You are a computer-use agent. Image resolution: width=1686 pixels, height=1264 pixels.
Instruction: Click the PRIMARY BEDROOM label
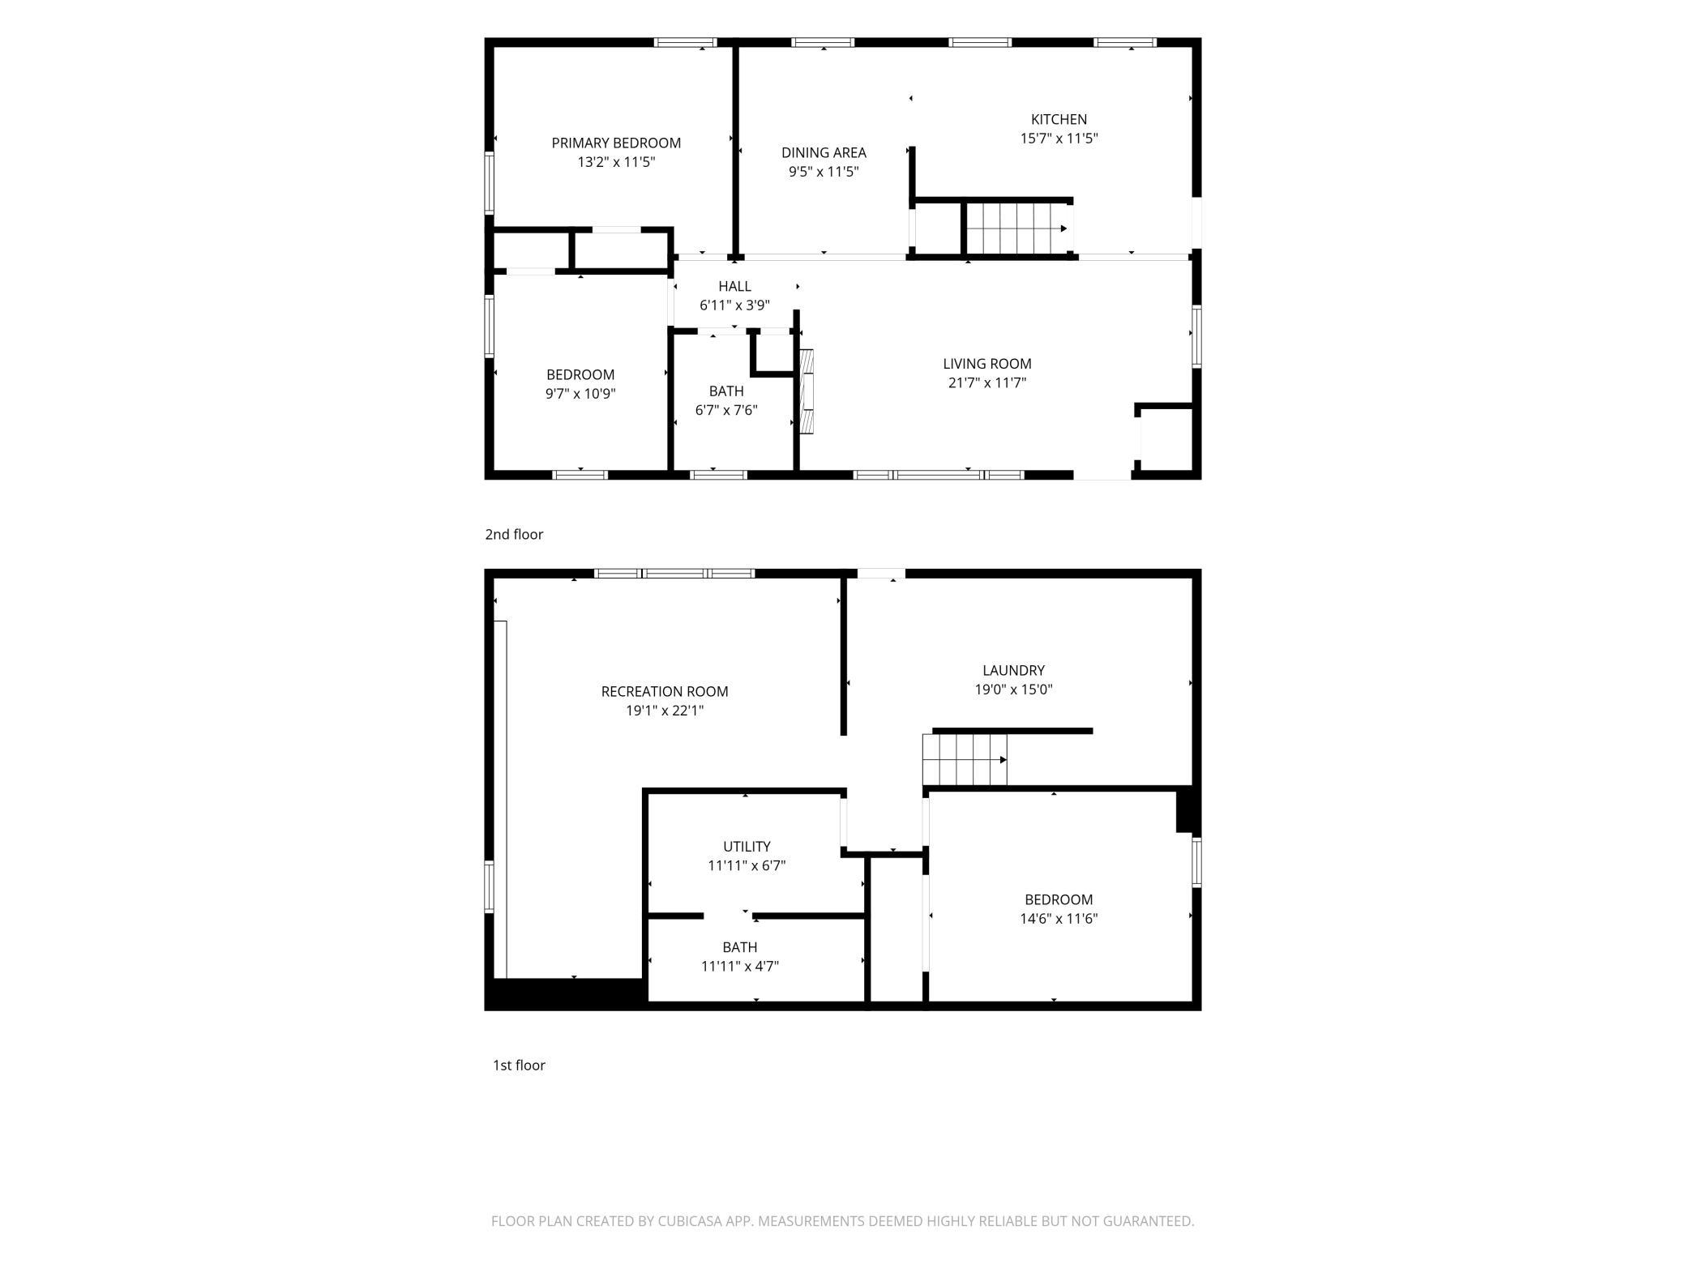pyautogui.click(x=616, y=143)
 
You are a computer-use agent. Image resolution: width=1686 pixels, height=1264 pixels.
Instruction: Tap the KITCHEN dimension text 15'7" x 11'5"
pyautogui.click(x=1059, y=139)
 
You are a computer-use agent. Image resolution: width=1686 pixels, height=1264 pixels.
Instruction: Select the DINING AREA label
pyautogui.click(x=824, y=152)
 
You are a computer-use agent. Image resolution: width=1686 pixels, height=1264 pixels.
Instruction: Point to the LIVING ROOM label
pyautogui.click(x=987, y=364)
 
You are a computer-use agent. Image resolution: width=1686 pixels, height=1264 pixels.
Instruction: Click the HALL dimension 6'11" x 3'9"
pyautogui.click(x=734, y=305)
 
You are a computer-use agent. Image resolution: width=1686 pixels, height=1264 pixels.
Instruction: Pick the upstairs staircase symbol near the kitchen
pyautogui.click(x=1018, y=228)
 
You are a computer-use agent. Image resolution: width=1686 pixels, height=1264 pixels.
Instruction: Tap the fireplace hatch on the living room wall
pyautogui.click(x=807, y=391)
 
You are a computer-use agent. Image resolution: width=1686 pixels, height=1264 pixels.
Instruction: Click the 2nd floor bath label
pyautogui.click(x=726, y=391)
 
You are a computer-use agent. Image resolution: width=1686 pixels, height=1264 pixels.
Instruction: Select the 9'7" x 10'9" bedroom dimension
pyautogui.click(x=580, y=394)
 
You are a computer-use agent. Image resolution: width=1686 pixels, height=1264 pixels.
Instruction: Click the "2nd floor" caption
pyautogui.click(x=514, y=534)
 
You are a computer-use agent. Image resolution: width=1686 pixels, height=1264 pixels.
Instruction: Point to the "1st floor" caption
pyautogui.click(x=519, y=1065)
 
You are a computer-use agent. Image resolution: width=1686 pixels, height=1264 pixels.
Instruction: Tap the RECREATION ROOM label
pyautogui.click(x=665, y=691)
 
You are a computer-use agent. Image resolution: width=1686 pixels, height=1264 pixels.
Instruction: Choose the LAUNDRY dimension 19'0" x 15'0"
pyautogui.click(x=1013, y=690)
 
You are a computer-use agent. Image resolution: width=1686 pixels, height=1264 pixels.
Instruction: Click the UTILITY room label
pyautogui.click(x=747, y=846)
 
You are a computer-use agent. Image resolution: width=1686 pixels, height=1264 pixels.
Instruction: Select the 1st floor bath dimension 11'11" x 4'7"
pyautogui.click(x=740, y=966)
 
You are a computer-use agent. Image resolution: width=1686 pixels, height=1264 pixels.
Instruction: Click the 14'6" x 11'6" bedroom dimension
pyautogui.click(x=1059, y=919)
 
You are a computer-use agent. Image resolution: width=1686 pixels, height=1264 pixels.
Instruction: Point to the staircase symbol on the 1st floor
pyautogui.click(x=965, y=760)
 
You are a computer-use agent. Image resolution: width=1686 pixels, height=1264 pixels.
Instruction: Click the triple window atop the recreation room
pyautogui.click(x=674, y=574)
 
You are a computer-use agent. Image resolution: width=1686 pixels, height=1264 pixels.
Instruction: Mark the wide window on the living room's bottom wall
pyautogui.click(x=939, y=475)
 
